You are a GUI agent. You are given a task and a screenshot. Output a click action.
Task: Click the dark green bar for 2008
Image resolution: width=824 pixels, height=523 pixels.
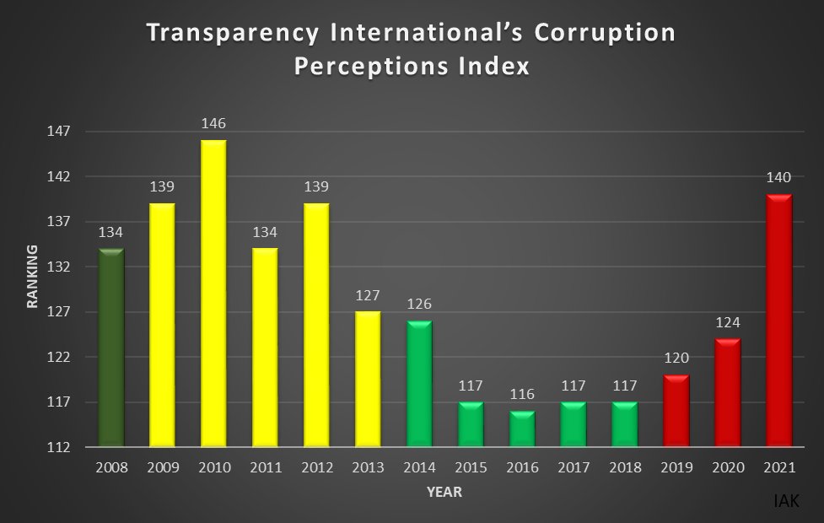(111, 348)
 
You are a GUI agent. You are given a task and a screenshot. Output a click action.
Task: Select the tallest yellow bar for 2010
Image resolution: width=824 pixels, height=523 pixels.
(213, 294)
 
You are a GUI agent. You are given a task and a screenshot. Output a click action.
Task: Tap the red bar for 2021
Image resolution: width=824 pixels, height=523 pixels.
(779, 321)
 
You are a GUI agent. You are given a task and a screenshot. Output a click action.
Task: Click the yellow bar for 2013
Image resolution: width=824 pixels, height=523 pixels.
(368, 379)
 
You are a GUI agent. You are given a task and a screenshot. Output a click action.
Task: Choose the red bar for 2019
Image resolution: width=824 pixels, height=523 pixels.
(676, 411)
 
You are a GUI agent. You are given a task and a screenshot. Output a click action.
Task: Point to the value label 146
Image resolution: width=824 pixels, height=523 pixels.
(213, 124)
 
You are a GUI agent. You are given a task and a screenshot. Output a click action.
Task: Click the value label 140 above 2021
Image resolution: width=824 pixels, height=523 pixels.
(779, 178)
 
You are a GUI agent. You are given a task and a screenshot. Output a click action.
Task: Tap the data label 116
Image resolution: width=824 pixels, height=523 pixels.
(522, 395)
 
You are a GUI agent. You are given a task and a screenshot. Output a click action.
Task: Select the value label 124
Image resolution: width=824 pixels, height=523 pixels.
(728, 322)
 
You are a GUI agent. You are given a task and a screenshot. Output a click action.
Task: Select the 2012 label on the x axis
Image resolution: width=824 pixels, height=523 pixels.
(316, 466)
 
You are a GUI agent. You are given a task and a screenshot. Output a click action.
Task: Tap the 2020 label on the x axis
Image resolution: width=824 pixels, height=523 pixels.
(728, 466)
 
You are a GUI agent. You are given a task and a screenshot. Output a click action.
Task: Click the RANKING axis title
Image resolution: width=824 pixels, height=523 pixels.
(33, 276)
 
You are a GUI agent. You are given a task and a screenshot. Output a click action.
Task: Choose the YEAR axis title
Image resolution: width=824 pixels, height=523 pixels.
(444, 492)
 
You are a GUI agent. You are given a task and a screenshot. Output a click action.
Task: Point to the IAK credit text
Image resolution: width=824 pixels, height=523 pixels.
(786, 501)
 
